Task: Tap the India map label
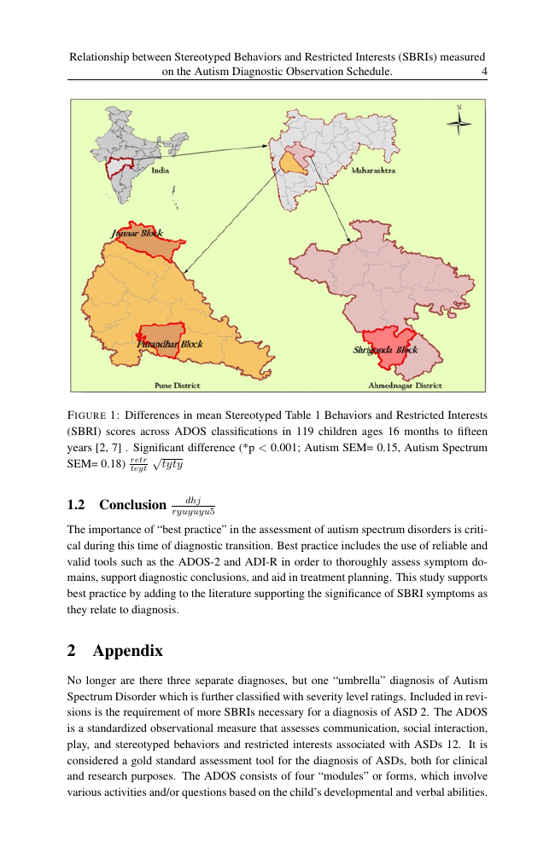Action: point(160,171)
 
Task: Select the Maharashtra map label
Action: point(373,171)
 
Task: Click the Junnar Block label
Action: point(137,233)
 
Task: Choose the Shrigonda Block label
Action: point(385,350)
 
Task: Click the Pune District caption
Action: point(177,386)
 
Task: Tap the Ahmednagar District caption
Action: point(405,386)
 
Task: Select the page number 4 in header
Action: point(484,73)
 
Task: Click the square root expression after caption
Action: point(169,464)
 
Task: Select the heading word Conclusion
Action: point(132,505)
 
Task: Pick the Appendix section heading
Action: point(128,651)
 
